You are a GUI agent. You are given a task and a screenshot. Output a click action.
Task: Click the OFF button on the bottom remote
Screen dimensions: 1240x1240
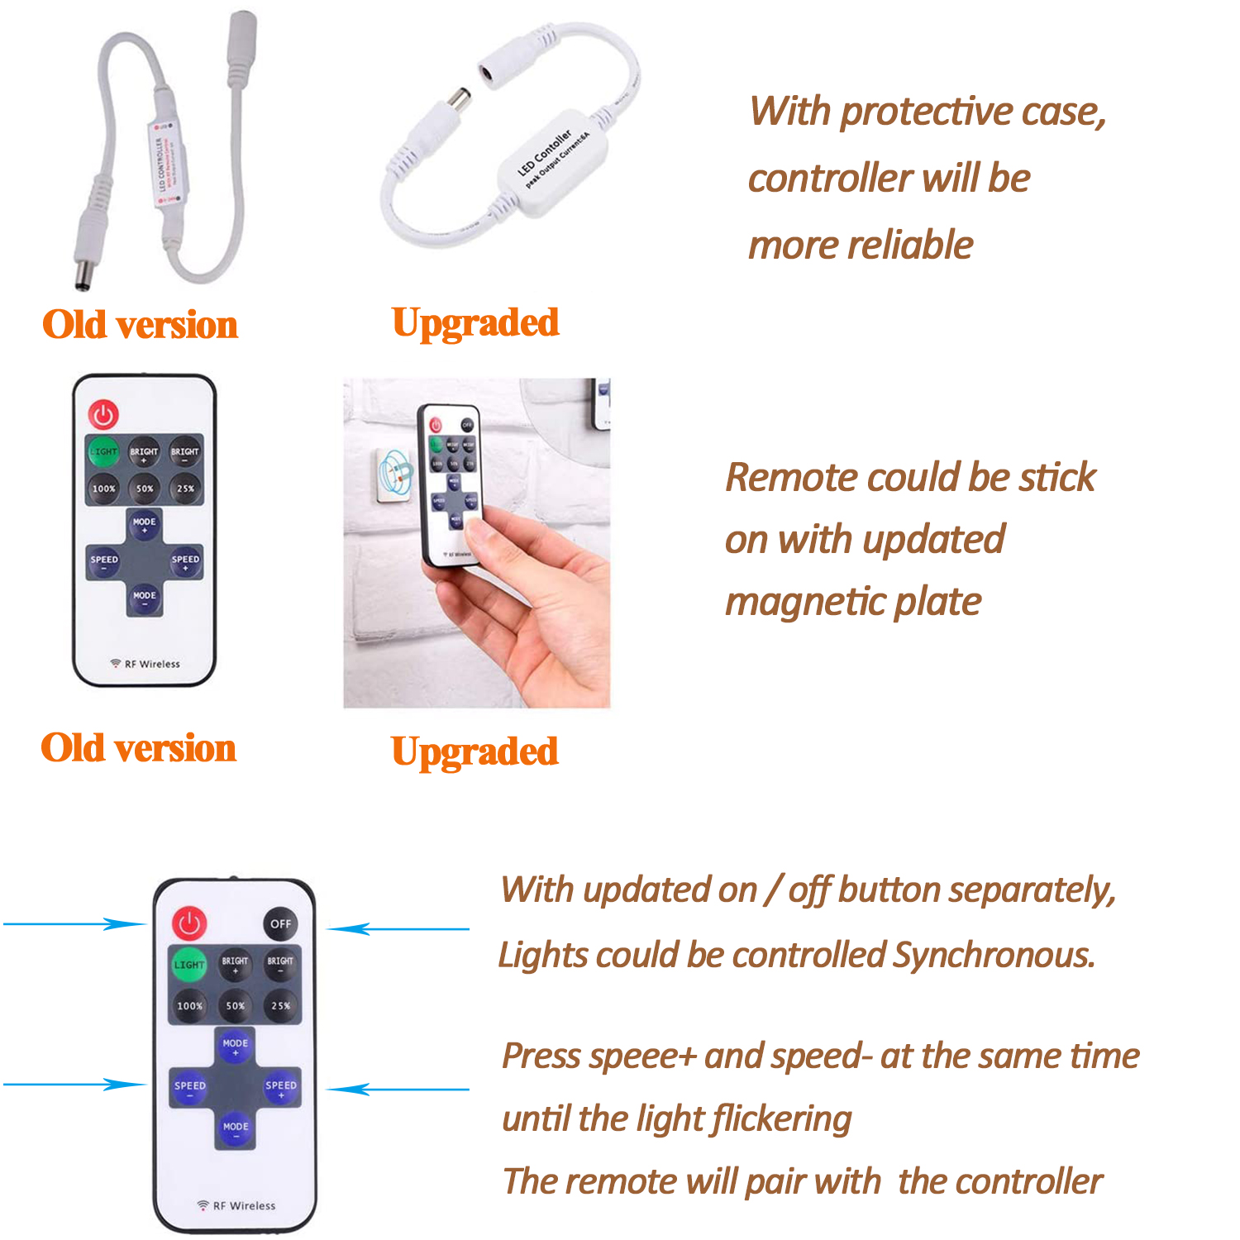pos(280,923)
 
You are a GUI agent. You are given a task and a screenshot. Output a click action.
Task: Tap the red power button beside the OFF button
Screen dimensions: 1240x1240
pos(189,923)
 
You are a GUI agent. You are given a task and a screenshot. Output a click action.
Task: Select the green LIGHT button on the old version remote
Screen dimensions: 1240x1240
pos(103,451)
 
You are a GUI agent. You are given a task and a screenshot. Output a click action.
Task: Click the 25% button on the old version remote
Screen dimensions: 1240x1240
pos(185,488)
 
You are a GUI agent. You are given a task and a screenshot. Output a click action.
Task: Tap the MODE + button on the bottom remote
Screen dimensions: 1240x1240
pos(235,1047)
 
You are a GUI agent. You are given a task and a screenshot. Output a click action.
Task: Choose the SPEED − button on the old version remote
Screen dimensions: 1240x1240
pos(104,561)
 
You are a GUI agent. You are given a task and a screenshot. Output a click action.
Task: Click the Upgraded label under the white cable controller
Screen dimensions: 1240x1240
pos(475,323)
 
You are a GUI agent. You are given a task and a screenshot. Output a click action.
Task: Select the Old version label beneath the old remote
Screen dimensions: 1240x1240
pos(139,748)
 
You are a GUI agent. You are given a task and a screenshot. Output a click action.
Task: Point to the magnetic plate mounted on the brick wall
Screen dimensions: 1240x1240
pos(394,476)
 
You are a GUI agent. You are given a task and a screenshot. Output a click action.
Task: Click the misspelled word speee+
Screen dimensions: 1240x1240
pos(643,1057)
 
